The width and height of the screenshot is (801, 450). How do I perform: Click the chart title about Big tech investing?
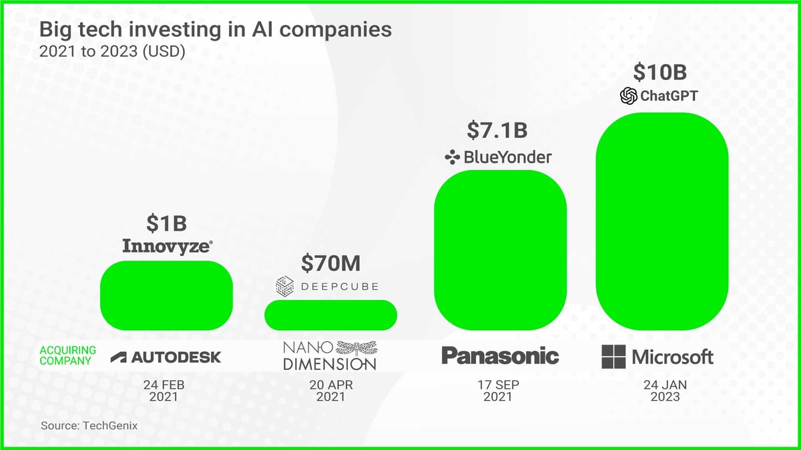pos(216,30)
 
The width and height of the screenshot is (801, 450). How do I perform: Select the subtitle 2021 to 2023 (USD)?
pos(112,51)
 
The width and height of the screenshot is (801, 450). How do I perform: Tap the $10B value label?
pos(660,72)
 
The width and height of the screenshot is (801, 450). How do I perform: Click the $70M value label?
pos(330,263)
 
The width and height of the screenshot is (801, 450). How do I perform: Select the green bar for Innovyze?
pos(166,295)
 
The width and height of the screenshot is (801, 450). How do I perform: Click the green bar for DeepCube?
pos(330,315)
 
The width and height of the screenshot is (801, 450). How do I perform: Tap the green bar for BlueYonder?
pos(500,250)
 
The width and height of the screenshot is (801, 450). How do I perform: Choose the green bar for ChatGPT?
pos(661,221)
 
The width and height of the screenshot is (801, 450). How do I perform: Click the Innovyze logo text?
pos(168,246)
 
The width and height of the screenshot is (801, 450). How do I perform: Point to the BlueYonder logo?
pos(498,157)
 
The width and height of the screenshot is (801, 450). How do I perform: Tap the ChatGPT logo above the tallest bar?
pos(659,96)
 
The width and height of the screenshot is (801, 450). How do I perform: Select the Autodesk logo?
pos(166,357)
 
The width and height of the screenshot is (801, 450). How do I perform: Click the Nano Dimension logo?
pos(330,355)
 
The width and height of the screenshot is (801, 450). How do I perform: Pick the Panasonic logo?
pos(500,356)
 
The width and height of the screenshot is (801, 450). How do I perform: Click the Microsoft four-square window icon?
pos(613,357)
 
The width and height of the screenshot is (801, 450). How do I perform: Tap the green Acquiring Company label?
pos(68,355)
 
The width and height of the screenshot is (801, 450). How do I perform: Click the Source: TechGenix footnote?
pos(89,425)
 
